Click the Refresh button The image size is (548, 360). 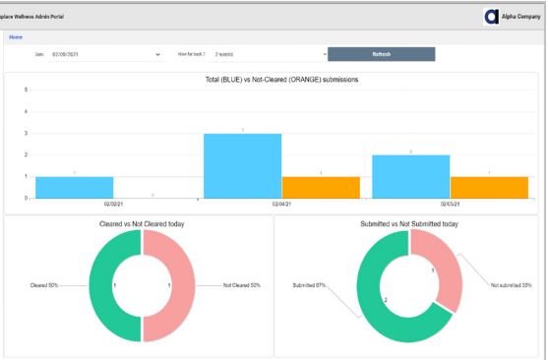[381, 54]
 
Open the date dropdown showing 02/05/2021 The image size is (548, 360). [103, 54]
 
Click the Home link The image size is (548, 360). [16, 36]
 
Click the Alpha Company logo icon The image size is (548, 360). [492, 16]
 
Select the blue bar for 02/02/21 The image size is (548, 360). [74, 187]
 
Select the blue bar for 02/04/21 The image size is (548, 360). [242, 165]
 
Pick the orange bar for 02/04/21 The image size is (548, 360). [321, 187]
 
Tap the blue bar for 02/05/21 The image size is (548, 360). [410, 176]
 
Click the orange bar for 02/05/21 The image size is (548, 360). [489, 187]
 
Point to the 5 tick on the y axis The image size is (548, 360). [26, 90]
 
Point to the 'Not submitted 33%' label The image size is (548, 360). [511, 285]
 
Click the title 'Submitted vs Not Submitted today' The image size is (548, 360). [409, 224]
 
